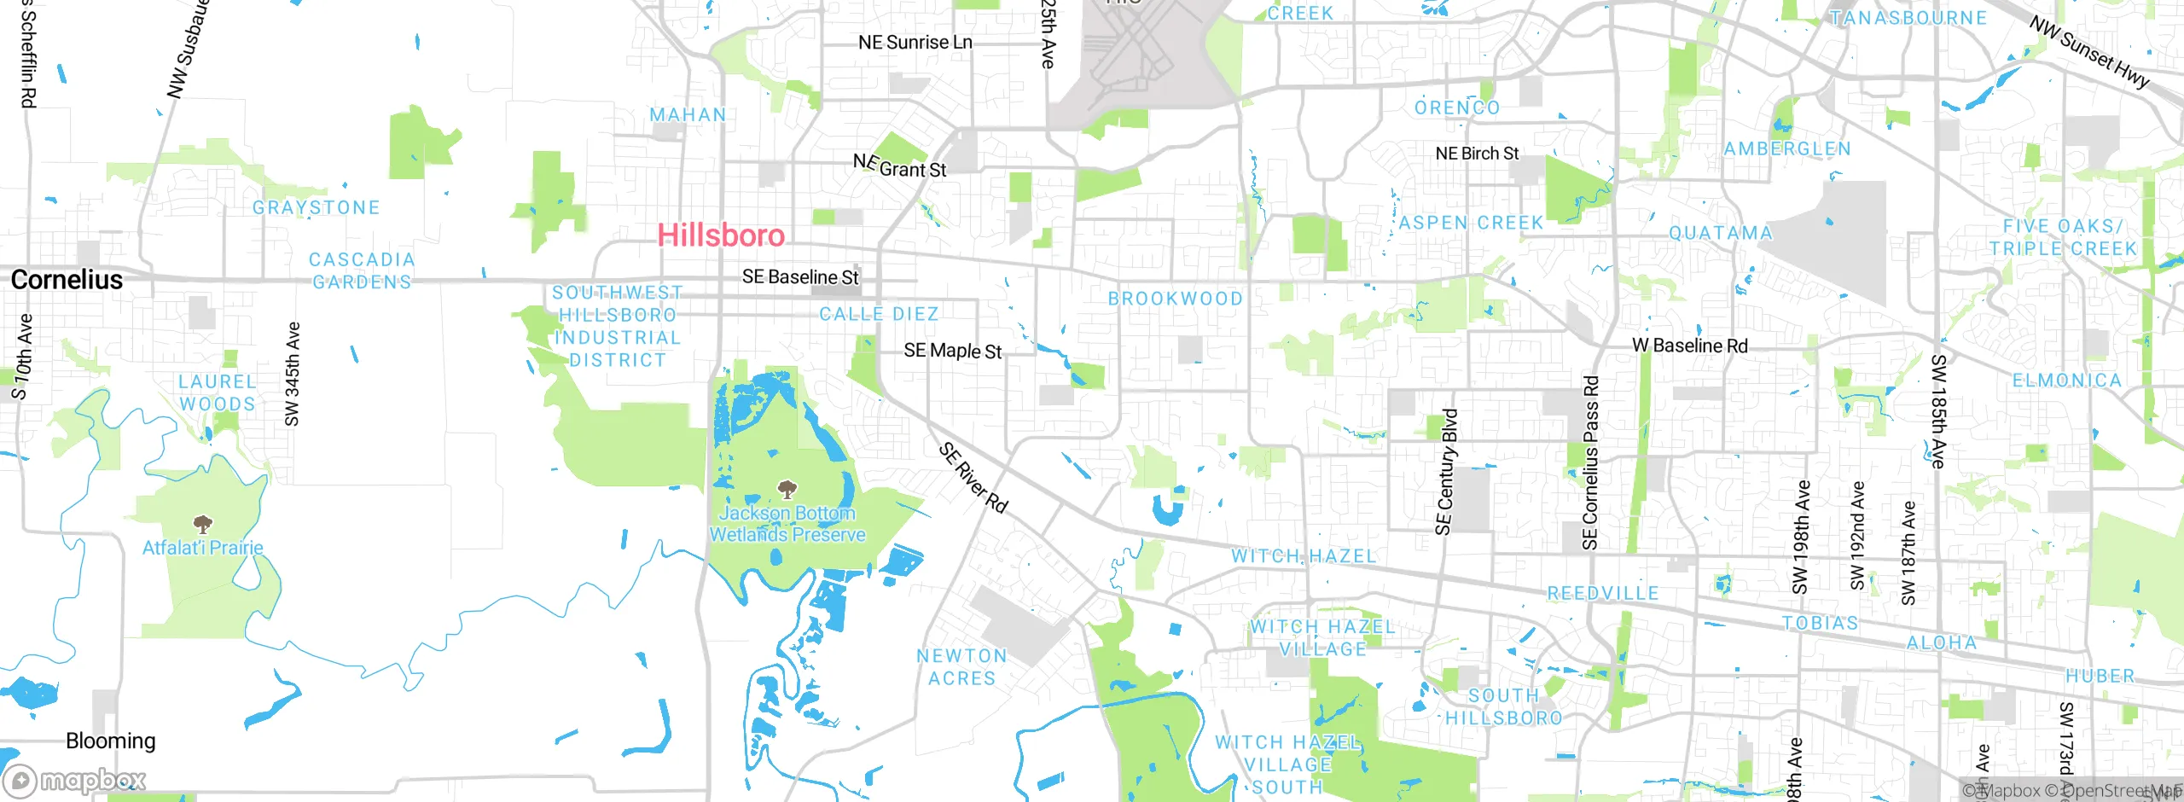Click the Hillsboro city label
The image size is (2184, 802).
point(721,235)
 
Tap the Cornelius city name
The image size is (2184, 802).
point(67,280)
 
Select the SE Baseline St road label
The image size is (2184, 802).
point(800,277)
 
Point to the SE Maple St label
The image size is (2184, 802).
point(953,351)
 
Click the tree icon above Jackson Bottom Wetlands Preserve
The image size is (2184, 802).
point(787,490)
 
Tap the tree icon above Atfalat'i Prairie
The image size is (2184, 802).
point(202,524)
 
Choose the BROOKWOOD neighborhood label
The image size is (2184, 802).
point(1175,299)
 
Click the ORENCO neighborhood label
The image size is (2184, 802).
point(1457,108)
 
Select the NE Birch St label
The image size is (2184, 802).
point(1477,154)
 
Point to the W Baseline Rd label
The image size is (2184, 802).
point(1689,346)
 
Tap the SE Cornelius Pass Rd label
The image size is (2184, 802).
point(1590,462)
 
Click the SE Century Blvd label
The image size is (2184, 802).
point(1446,472)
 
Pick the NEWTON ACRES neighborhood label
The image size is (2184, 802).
point(961,667)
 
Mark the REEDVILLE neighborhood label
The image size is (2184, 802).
point(1603,593)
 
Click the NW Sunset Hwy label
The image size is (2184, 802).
point(2089,52)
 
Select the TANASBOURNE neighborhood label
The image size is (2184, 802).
point(1908,18)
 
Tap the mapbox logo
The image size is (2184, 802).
point(75,780)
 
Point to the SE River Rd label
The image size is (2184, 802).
point(973,477)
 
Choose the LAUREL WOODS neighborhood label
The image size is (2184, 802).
point(217,393)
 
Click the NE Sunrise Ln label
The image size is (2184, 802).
point(915,43)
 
